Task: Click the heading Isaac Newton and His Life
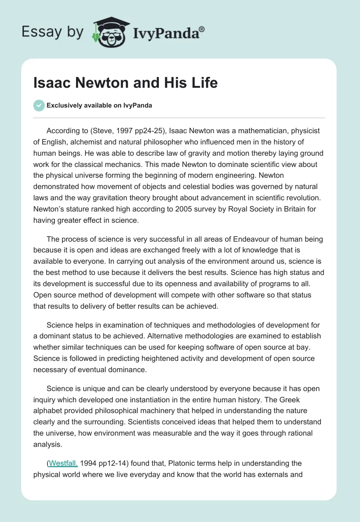[x=126, y=83]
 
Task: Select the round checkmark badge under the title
[x=39, y=105]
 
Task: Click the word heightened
[x=153, y=359]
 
